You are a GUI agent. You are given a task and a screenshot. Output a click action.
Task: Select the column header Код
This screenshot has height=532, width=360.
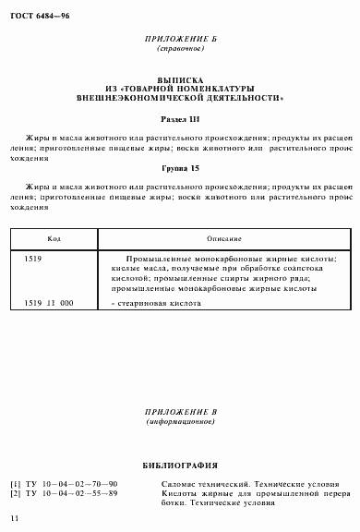coord(54,237)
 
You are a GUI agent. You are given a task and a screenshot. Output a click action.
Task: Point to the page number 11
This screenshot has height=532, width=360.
coord(11,524)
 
